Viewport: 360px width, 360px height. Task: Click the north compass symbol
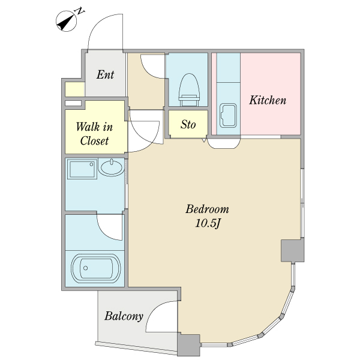[67, 21]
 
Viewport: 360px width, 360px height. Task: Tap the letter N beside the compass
[80, 11]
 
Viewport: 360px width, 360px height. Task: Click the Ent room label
[105, 74]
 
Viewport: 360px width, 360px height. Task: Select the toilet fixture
[189, 90]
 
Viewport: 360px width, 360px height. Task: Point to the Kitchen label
[268, 100]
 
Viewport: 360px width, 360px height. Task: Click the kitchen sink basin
[228, 115]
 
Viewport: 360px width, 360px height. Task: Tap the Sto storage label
[188, 124]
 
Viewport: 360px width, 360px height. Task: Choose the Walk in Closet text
[94, 134]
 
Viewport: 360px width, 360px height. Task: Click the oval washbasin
[112, 167]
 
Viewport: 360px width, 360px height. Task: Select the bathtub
[96, 268]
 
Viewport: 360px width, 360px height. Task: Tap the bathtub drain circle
[86, 268]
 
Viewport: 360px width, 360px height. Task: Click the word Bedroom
[207, 209]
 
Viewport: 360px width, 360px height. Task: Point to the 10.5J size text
[208, 223]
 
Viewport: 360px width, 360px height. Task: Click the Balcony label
[124, 316]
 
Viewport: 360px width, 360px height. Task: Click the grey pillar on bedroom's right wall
[293, 250]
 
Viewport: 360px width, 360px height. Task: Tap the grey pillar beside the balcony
[189, 345]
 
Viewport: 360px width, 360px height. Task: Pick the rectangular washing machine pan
[82, 169]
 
